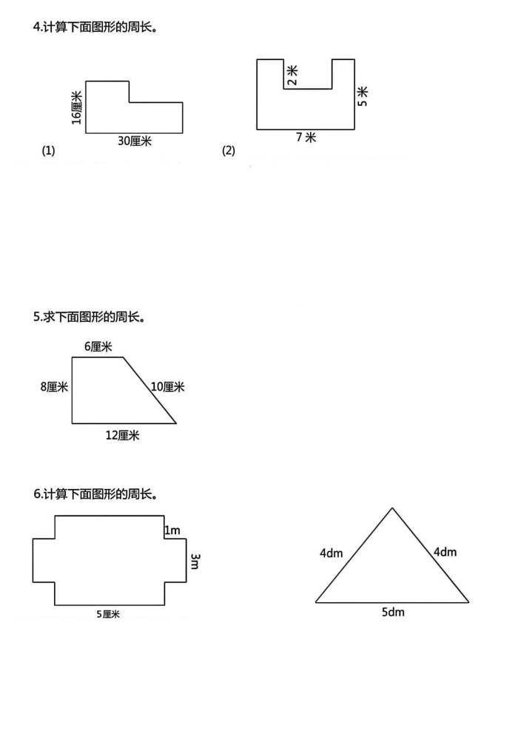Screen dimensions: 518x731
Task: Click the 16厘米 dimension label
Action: point(76,108)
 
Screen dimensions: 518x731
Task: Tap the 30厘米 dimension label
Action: point(135,141)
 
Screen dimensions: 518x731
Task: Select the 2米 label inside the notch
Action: point(292,75)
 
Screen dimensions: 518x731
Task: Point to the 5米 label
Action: point(363,96)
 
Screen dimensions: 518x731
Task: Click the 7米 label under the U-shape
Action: point(306,137)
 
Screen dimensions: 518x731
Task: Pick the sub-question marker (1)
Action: point(49,151)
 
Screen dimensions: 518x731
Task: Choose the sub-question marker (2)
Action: point(229,151)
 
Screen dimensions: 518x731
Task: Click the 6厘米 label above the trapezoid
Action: point(98,347)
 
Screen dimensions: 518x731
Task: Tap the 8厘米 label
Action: point(54,387)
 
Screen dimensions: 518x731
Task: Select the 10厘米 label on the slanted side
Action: point(168,387)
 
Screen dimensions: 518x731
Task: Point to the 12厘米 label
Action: point(123,436)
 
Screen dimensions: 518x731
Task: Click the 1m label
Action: point(172,530)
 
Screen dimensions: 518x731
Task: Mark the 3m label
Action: point(195,562)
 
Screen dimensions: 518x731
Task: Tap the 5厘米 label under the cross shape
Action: point(108,614)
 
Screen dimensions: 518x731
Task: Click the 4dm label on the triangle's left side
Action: point(331,553)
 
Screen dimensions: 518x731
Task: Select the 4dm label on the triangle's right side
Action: point(445,552)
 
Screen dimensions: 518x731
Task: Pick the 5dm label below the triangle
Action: point(393,612)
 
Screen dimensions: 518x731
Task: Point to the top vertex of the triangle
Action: point(392,508)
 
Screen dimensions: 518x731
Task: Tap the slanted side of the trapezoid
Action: point(150,391)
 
